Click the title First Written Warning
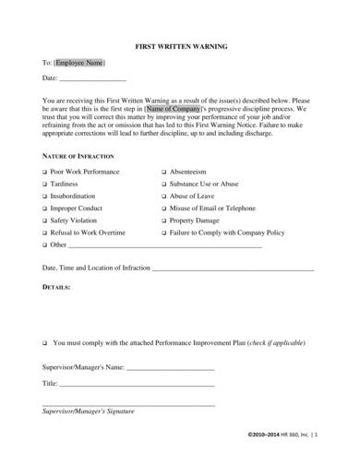pos(179,43)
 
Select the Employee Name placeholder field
pos(79,63)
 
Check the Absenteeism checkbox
pos(163,173)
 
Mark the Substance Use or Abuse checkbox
pos(163,185)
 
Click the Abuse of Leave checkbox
pos(163,197)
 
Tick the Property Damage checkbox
pos(163,221)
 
